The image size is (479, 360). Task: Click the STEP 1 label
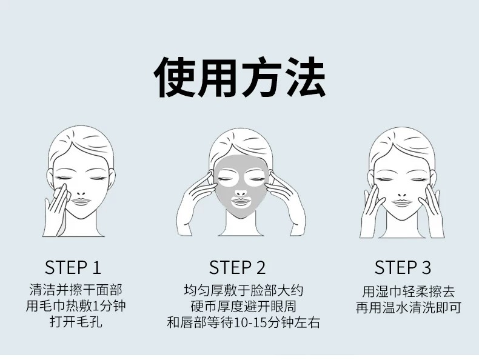73,267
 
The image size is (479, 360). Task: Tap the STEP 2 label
237,267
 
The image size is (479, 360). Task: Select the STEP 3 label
403,267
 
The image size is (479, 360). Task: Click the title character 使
173,78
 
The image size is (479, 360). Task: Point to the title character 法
304,78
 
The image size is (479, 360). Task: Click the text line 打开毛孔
76,322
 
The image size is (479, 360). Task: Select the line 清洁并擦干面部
76,290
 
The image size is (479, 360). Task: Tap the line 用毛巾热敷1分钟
76,305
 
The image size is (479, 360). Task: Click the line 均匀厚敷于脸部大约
244,290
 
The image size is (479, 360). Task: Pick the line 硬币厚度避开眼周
244,306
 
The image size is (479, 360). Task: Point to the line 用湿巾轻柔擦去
409,291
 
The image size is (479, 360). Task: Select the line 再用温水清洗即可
409,307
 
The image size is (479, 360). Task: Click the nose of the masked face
241,193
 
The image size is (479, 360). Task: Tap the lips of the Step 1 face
81,202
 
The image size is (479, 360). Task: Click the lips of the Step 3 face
402,203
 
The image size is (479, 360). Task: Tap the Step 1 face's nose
81,193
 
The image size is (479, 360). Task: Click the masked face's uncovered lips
241,202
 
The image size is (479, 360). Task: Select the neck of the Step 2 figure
241,224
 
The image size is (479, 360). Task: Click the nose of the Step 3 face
403,195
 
